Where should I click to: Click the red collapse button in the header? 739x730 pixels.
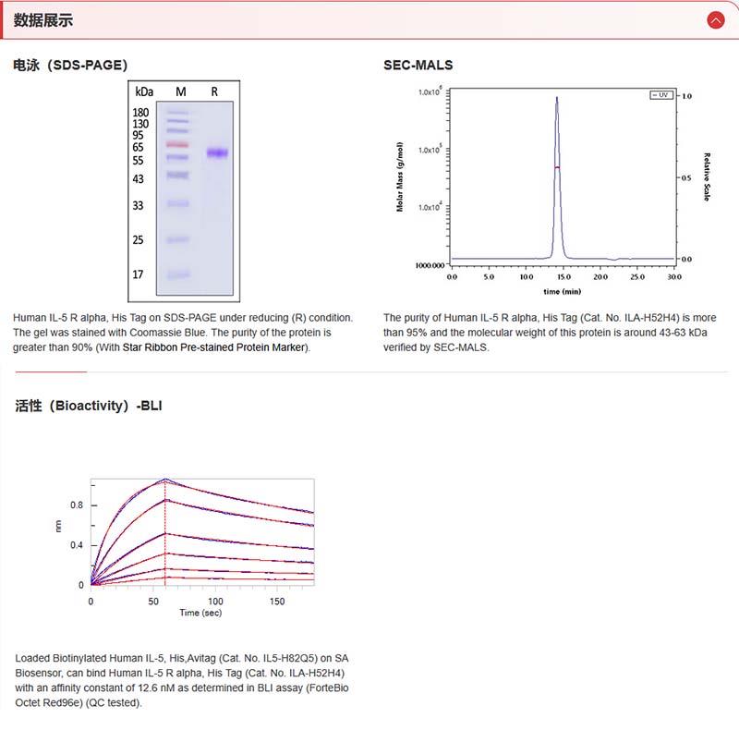(715, 20)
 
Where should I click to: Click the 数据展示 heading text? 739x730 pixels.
(42, 20)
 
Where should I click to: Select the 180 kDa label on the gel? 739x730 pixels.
(140, 113)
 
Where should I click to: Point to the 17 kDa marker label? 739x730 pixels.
(138, 274)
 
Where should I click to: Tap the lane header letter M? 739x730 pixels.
(181, 91)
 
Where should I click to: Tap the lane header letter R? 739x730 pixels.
(214, 91)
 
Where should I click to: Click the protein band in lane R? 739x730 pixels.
(218, 153)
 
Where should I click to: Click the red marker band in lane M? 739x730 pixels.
(177, 145)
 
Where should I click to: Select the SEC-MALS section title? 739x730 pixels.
(418, 65)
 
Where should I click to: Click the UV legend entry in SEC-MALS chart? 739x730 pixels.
(661, 95)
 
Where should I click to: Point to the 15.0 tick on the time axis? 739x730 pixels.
(563, 276)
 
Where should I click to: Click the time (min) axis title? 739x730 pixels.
(563, 289)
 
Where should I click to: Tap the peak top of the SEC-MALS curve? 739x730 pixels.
(557, 98)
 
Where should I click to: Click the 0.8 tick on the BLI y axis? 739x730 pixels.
(77, 505)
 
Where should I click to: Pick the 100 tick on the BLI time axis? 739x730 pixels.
(215, 601)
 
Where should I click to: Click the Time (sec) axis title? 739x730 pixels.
(201, 613)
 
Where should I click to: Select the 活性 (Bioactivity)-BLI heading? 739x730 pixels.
(89, 406)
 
